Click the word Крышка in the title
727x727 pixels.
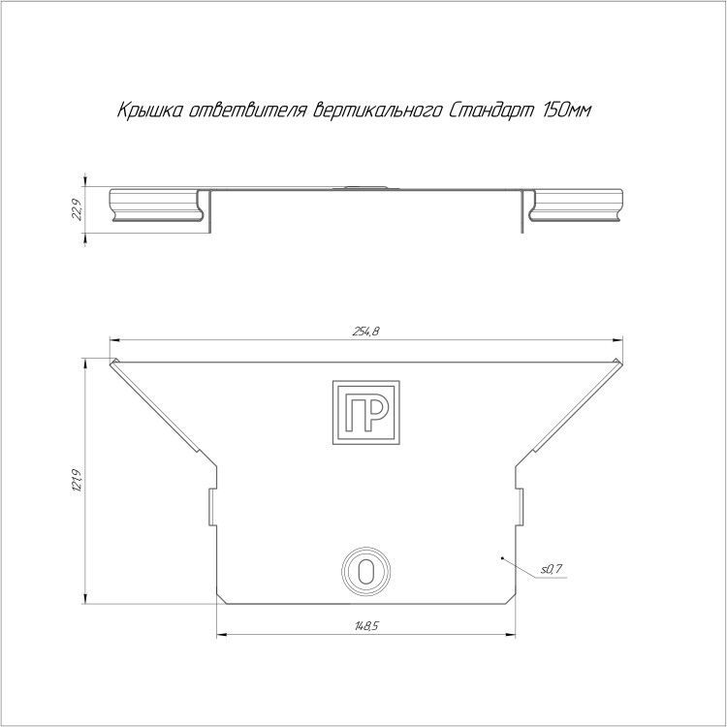click(149, 111)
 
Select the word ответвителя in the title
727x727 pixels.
click(248, 111)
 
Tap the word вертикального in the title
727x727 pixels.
click(377, 111)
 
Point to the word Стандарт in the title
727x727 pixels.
click(491, 111)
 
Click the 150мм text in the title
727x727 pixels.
click(567, 111)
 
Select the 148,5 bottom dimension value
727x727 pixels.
click(366, 626)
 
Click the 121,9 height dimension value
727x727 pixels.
click(77, 481)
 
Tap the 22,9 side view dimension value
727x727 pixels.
click(77, 209)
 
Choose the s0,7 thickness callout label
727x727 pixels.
click(552, 569)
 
